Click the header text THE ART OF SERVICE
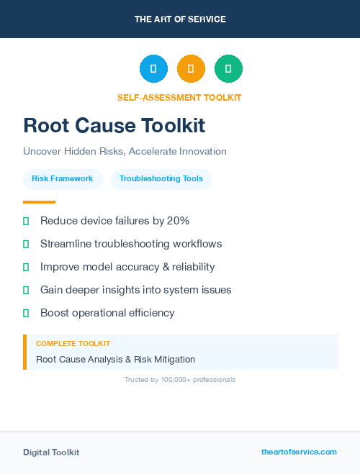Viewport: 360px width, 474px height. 180,19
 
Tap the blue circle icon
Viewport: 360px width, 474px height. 153,69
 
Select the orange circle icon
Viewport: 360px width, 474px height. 191,69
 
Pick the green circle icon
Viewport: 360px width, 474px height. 228,69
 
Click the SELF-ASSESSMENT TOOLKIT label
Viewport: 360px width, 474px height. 180,98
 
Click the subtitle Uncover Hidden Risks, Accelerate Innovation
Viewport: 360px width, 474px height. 125,152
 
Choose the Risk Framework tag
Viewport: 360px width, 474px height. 63,179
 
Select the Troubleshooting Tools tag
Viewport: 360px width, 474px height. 161,179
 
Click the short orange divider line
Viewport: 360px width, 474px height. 39,202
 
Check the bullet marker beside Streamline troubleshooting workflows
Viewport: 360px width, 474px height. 26,244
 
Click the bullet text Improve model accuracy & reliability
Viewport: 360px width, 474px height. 127,267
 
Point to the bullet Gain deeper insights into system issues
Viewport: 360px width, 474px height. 135,290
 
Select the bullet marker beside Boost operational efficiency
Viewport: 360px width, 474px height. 26,313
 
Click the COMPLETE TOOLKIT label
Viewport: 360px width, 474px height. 73,344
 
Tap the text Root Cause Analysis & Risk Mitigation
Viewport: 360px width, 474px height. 115,360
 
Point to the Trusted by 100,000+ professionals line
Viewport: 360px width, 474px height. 180,379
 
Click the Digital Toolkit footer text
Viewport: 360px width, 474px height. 51,452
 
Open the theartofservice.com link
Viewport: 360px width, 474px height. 299,452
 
